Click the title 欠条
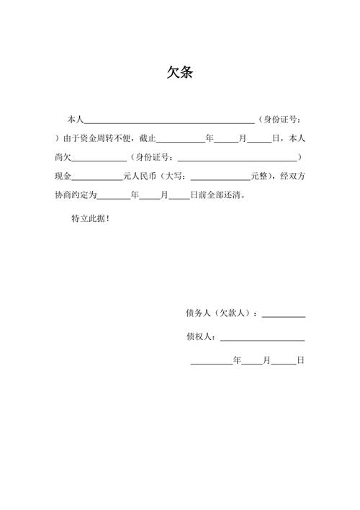[179, 73]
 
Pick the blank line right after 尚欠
[98, 159]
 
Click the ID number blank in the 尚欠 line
[237, 159]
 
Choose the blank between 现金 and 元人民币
[98, 178]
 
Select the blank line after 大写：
[219, 178]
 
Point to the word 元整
[261, 176]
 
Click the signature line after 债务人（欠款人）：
[284, 316]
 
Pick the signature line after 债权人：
[262, 339]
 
